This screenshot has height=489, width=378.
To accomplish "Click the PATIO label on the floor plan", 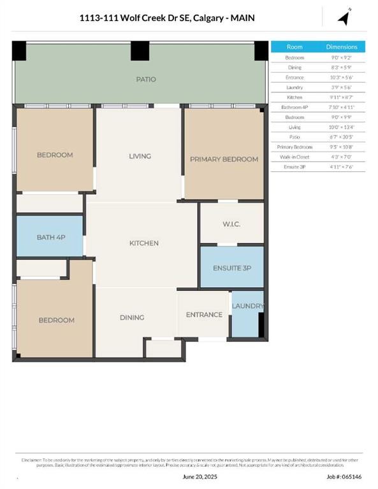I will click(x=145, y=80).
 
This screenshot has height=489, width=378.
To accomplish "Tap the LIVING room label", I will click(x=140, y=156).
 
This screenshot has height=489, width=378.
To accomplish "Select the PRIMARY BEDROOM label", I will click(x=224, y=159).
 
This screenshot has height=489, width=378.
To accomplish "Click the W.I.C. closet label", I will click(x=231, y=223).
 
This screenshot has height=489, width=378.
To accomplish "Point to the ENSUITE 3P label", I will click(x=232, y=268).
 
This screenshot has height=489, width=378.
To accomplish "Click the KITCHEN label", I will click(x=143, y=243).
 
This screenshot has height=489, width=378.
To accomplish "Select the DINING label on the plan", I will click(x=132, y=317).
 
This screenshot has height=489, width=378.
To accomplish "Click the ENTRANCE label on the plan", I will click(x=204, y=315).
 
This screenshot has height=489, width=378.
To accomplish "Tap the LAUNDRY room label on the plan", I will click(x=247, y=306).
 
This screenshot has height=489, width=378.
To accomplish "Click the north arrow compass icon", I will click(x=344, y=17).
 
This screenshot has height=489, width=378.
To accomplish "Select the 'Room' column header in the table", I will click(x=294, y=47).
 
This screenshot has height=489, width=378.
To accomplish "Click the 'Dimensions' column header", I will click(x=342, y=47).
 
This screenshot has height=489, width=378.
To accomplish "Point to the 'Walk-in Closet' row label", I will click(x=294, y=157).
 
